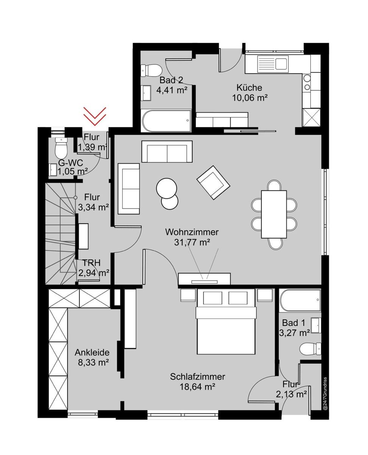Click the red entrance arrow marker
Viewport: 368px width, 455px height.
(x=95, y=116)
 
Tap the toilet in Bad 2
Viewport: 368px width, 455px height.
(x=151, y=70)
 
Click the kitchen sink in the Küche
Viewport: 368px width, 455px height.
(x=273, y=63)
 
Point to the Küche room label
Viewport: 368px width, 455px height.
(x=249, y=88)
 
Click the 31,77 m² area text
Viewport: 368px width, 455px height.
(x=192, y=242)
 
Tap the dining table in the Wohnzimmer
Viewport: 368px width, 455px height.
(x=274, y=214)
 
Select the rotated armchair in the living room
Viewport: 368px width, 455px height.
(x=213, y=182)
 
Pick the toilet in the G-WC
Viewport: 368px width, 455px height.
(x=61, y=148)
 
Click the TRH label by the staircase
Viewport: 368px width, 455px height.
(x=91, y=263)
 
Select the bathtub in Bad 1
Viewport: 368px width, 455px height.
(x=300, y=300)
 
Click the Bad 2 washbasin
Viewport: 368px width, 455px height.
(x=146, y=93)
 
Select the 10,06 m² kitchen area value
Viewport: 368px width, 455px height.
(x=250, y=98)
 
